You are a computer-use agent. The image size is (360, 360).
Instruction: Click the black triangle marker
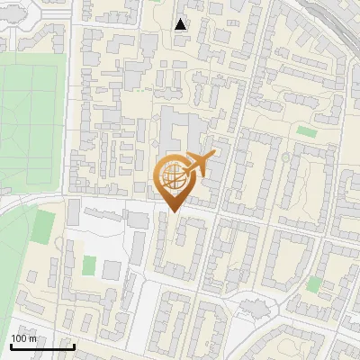click(x=181, y=24)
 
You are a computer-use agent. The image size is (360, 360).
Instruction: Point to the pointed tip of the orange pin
click(x=173, y=212)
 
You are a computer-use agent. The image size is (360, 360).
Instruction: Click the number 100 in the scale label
click(x=20, y=338)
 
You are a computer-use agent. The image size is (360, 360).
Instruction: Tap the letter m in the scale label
click(x=33, y=338)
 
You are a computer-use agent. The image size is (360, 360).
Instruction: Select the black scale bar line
click(x=42, y=346)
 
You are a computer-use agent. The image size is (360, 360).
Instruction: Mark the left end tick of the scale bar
click(x=11, y=345)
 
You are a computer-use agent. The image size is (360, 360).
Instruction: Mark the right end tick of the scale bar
click(x=74, y=345)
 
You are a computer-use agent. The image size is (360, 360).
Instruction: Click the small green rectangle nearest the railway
click(x=307, y=132)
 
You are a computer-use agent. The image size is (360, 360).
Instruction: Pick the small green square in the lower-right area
click(x=313, y=284)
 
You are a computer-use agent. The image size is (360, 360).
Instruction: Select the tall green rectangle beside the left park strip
click(x=41, y=228)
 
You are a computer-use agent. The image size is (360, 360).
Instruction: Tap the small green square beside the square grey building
click(x=89, y=265)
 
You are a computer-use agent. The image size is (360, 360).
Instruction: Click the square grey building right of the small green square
click(x=111, y=269)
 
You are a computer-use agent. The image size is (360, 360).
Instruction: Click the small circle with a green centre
click(x=285, y=157)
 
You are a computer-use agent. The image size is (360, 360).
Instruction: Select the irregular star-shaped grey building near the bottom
click(x=255, y=310)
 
